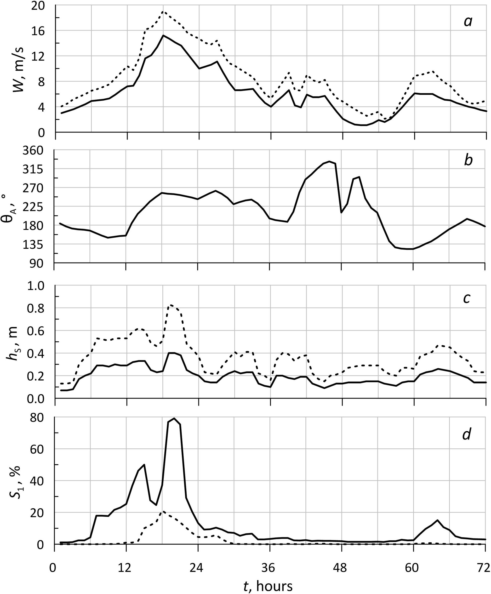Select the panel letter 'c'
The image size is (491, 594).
click(x=466, y=298)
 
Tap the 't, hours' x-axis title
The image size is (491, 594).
click(x=268, y=586)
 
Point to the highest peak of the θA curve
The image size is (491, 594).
click(x=329, y=161)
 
